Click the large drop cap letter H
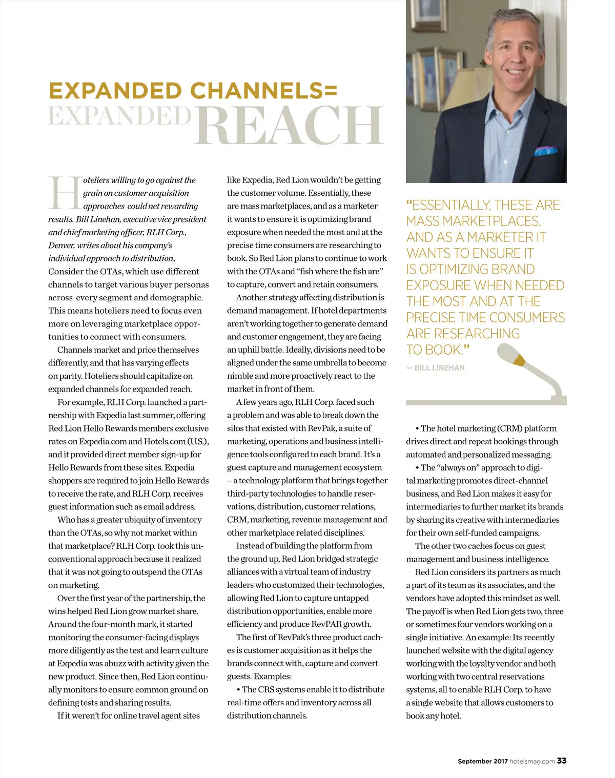(65, 193)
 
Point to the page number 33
(562, 761)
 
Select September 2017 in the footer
(482, 761)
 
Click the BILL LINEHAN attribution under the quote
(439, 368)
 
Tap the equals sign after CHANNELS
(331, 91)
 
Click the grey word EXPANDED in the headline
(119, 115)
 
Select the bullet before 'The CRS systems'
(238, 690)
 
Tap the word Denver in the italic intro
(61, 245)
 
